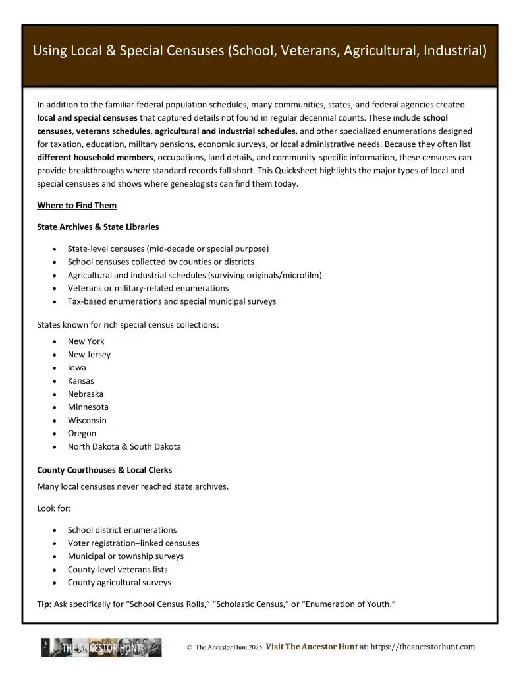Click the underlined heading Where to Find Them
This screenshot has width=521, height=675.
point(77,206)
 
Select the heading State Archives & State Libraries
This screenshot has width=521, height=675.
point(98,227)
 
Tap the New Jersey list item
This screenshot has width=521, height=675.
point(89,355)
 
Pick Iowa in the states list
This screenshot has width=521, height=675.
point(76,368)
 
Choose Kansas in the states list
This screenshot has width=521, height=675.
point(80,381)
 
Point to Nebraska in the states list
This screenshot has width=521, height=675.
point(85,394)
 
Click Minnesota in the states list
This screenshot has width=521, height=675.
point(88,407)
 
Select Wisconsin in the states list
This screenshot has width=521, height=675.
point(87,421)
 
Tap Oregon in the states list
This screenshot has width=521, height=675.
point(82,434)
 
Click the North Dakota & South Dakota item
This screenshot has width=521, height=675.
point(124,447)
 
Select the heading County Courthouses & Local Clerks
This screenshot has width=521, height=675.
point(104,471)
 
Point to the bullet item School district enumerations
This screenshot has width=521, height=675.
point(122,530)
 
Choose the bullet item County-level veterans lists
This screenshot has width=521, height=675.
point(117,570)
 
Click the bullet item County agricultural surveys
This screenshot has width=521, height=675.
point(119,583)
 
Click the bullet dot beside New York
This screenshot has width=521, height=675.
point(53,341)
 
